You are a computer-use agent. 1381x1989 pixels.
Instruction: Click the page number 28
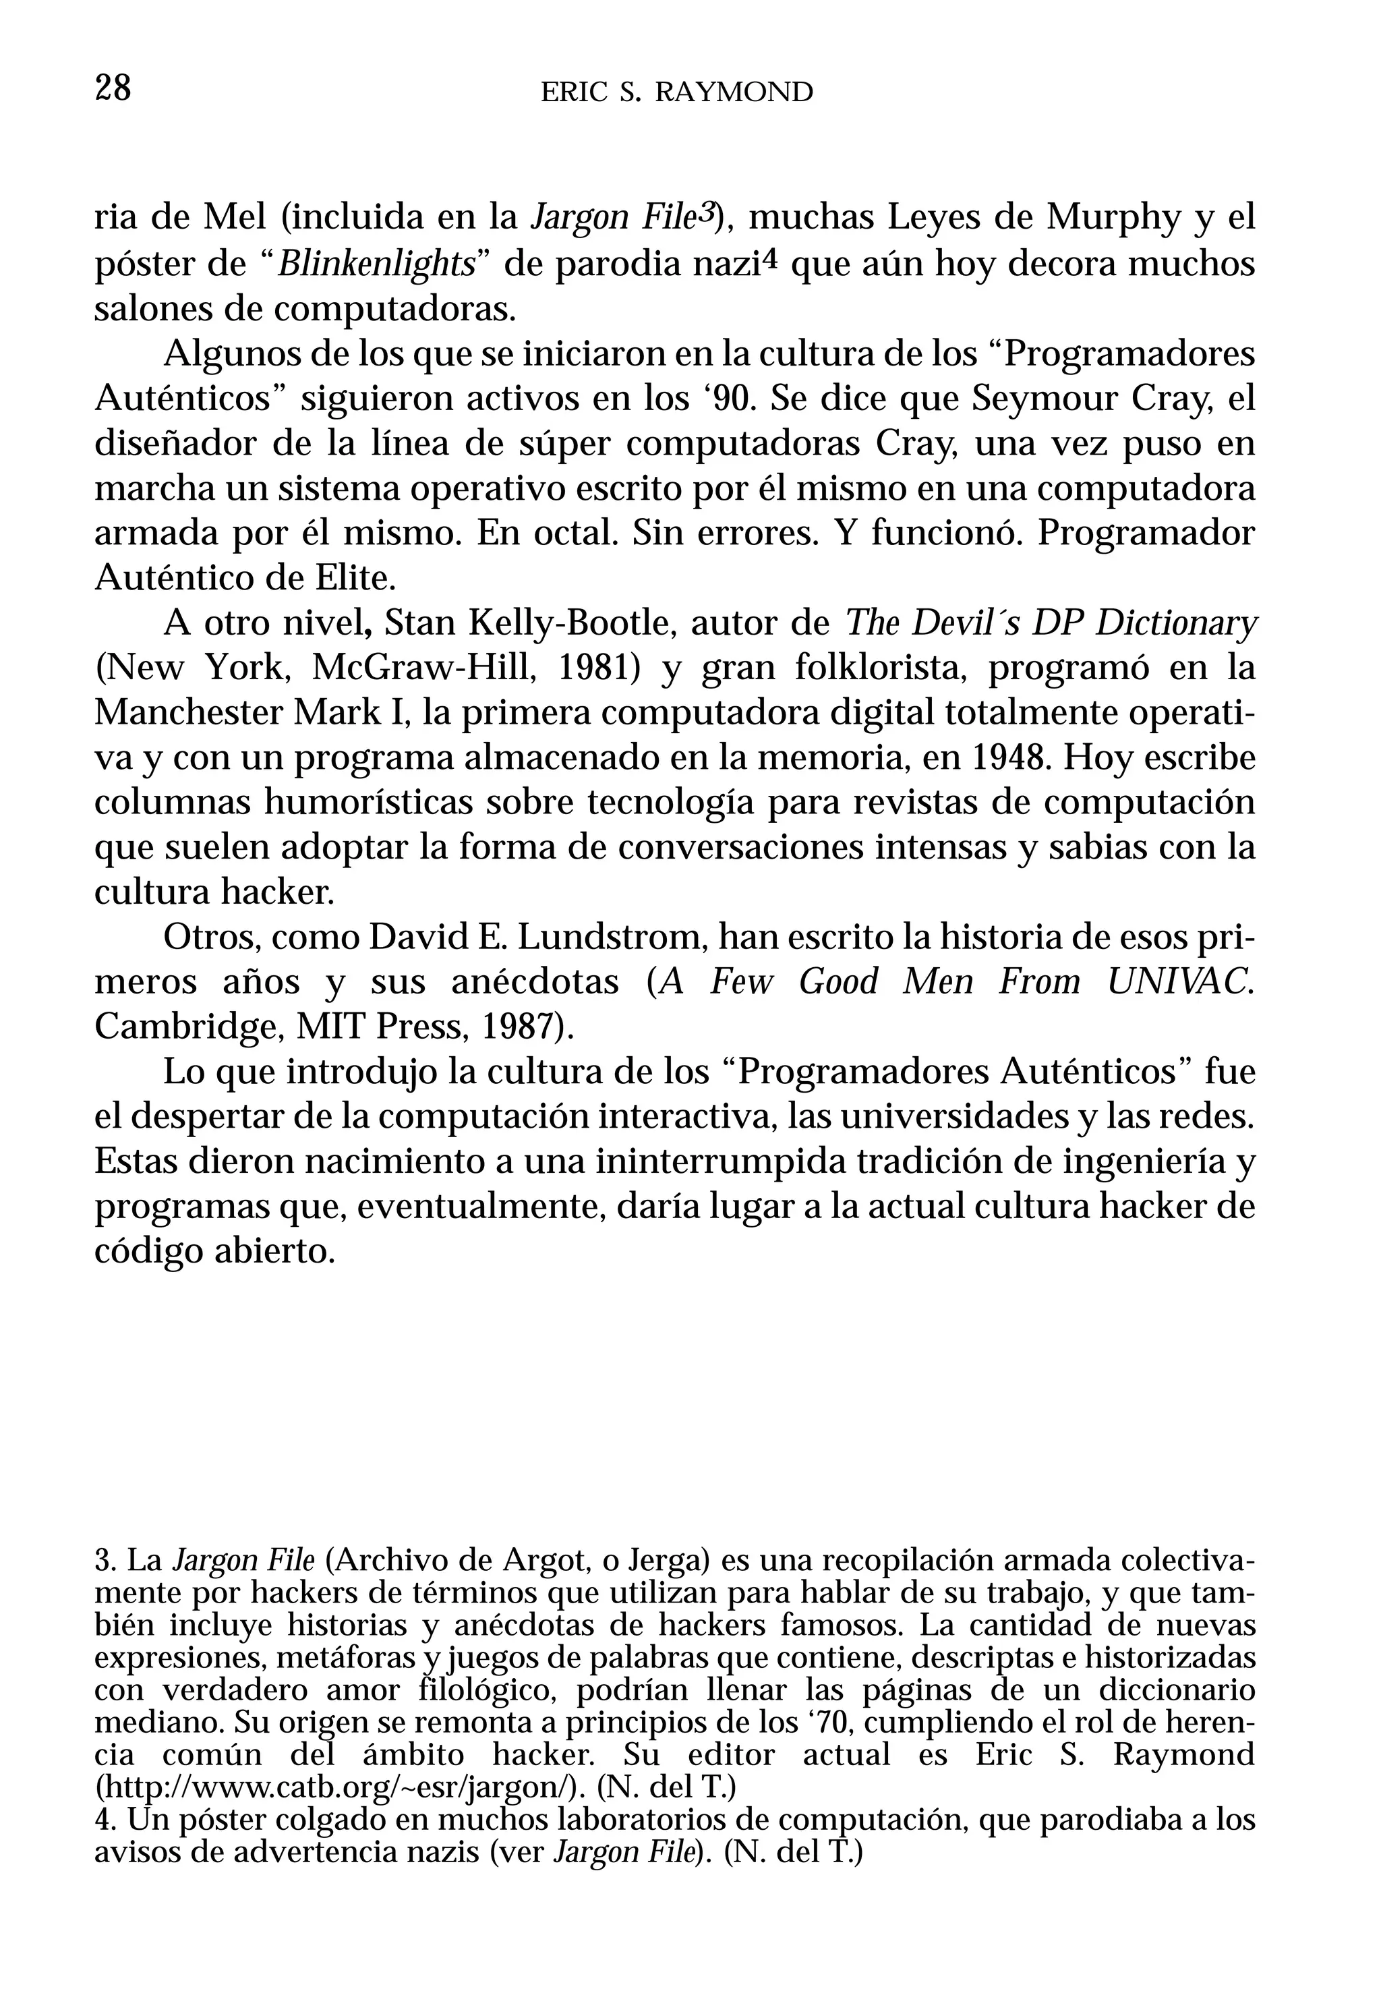(113, 88)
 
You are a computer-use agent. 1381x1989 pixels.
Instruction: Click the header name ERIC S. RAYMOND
(676, 92)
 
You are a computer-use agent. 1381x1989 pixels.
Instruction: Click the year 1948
(1009, 759)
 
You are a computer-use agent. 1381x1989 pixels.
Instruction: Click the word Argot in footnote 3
(538, 1561)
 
